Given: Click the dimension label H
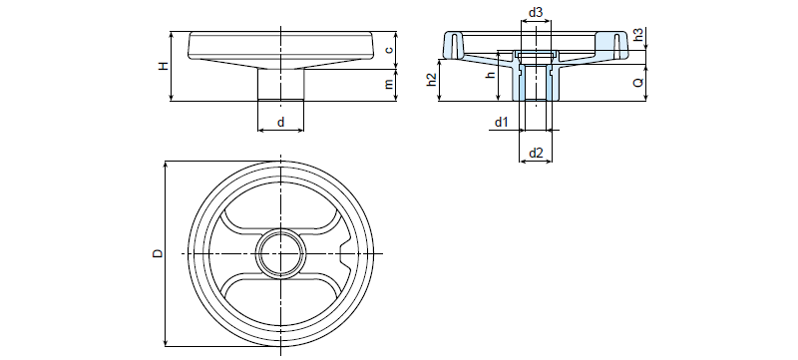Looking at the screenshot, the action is pyautogui.click(x=163, y=66).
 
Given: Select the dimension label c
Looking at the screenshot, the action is pyautogui.click(x=388, y=50).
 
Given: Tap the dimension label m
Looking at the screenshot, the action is pyautogui.click(x=389, y=85).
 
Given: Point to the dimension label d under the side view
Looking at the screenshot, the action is pyautogui.click(x=280, y=122).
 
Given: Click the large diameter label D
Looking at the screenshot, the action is pyautogui.click(x=159, y=252).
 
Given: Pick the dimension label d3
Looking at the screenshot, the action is pyautogui.click(x=535, y=13).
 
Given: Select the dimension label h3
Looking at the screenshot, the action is pyautogui.click(x=638, y=35).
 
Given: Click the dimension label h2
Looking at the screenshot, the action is pyautogui.click(x=431, y=80).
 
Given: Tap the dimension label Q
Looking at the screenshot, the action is pyautogui.click(x=638, y=83).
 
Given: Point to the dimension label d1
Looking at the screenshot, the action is pyautogui.click(x=502, y=122).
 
